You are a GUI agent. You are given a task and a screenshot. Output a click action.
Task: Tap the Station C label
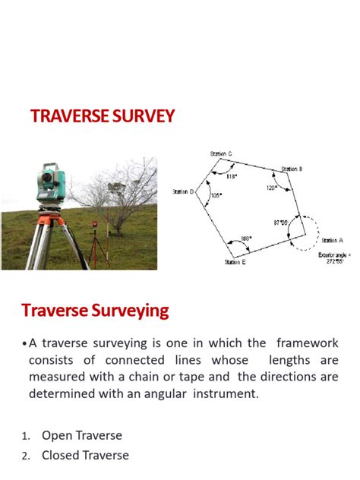(221, 154)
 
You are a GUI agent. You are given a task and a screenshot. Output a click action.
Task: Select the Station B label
(292, 169)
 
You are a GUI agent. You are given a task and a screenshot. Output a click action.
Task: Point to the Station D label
(185, 192)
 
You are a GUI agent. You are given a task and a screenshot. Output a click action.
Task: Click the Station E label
(235, 262)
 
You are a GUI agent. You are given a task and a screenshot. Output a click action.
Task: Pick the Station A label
(330, 240)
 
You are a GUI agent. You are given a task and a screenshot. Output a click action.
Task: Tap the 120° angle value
(271, 188)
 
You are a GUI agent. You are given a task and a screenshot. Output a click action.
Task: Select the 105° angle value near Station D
(216, 195)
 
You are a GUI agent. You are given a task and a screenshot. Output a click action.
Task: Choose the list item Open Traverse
(81, 435)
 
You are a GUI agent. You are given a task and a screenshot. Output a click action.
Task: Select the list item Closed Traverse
(85, 455)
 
